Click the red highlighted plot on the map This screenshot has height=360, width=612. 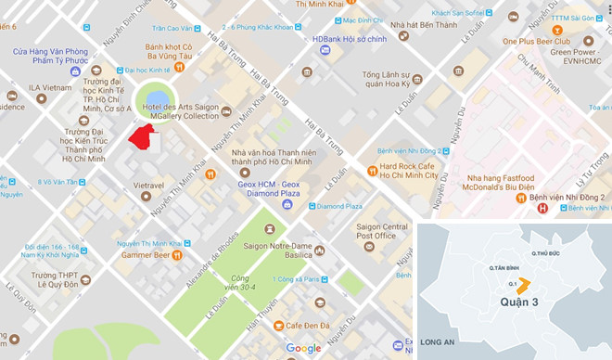tap(142, 137)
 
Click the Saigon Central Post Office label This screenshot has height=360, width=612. tap(382, 231)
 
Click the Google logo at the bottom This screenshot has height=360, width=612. tap(303, 349)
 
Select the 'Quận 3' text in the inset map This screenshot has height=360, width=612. tap(516, 302)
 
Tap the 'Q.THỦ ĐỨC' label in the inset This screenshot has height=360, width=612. tap(545, 252)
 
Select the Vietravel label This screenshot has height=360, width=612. tap(148, 186)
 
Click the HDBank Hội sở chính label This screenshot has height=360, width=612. tap(346, 38)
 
